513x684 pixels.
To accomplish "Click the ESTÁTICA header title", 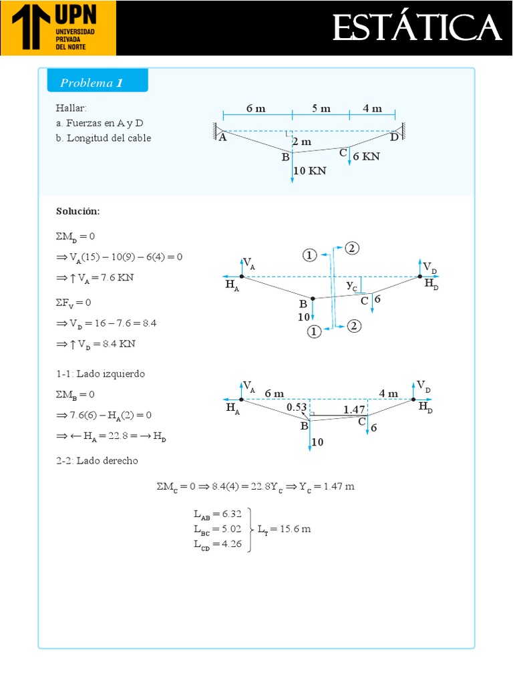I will click(x=416, y=28).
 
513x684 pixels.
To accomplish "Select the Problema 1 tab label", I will click(x=92, y=83).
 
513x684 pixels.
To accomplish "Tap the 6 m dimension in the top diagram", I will click(x=255, y=109).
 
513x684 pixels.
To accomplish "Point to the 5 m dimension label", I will click(x=321, y=109).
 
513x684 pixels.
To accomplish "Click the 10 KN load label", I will click(x=310, y=171).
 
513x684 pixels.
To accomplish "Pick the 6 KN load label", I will click(x=366, y=156).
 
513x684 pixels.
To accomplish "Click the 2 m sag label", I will click(x=301, y=142).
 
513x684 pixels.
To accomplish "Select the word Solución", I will click(x=78, y=211).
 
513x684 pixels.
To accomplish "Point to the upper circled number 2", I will click(x=352, y=248).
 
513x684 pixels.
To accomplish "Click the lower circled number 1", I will click(x=314, y=331).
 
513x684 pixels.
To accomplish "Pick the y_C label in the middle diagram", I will click(x=352, y=285).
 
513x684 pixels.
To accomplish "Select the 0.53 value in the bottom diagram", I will click(x=296, y=407).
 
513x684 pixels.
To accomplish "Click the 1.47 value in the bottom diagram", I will click(x=354, y=409).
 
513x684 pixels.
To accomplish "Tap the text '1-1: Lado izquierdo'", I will click(x=101, y=374).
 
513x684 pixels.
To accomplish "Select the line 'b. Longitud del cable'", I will click(x=104, y=138).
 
